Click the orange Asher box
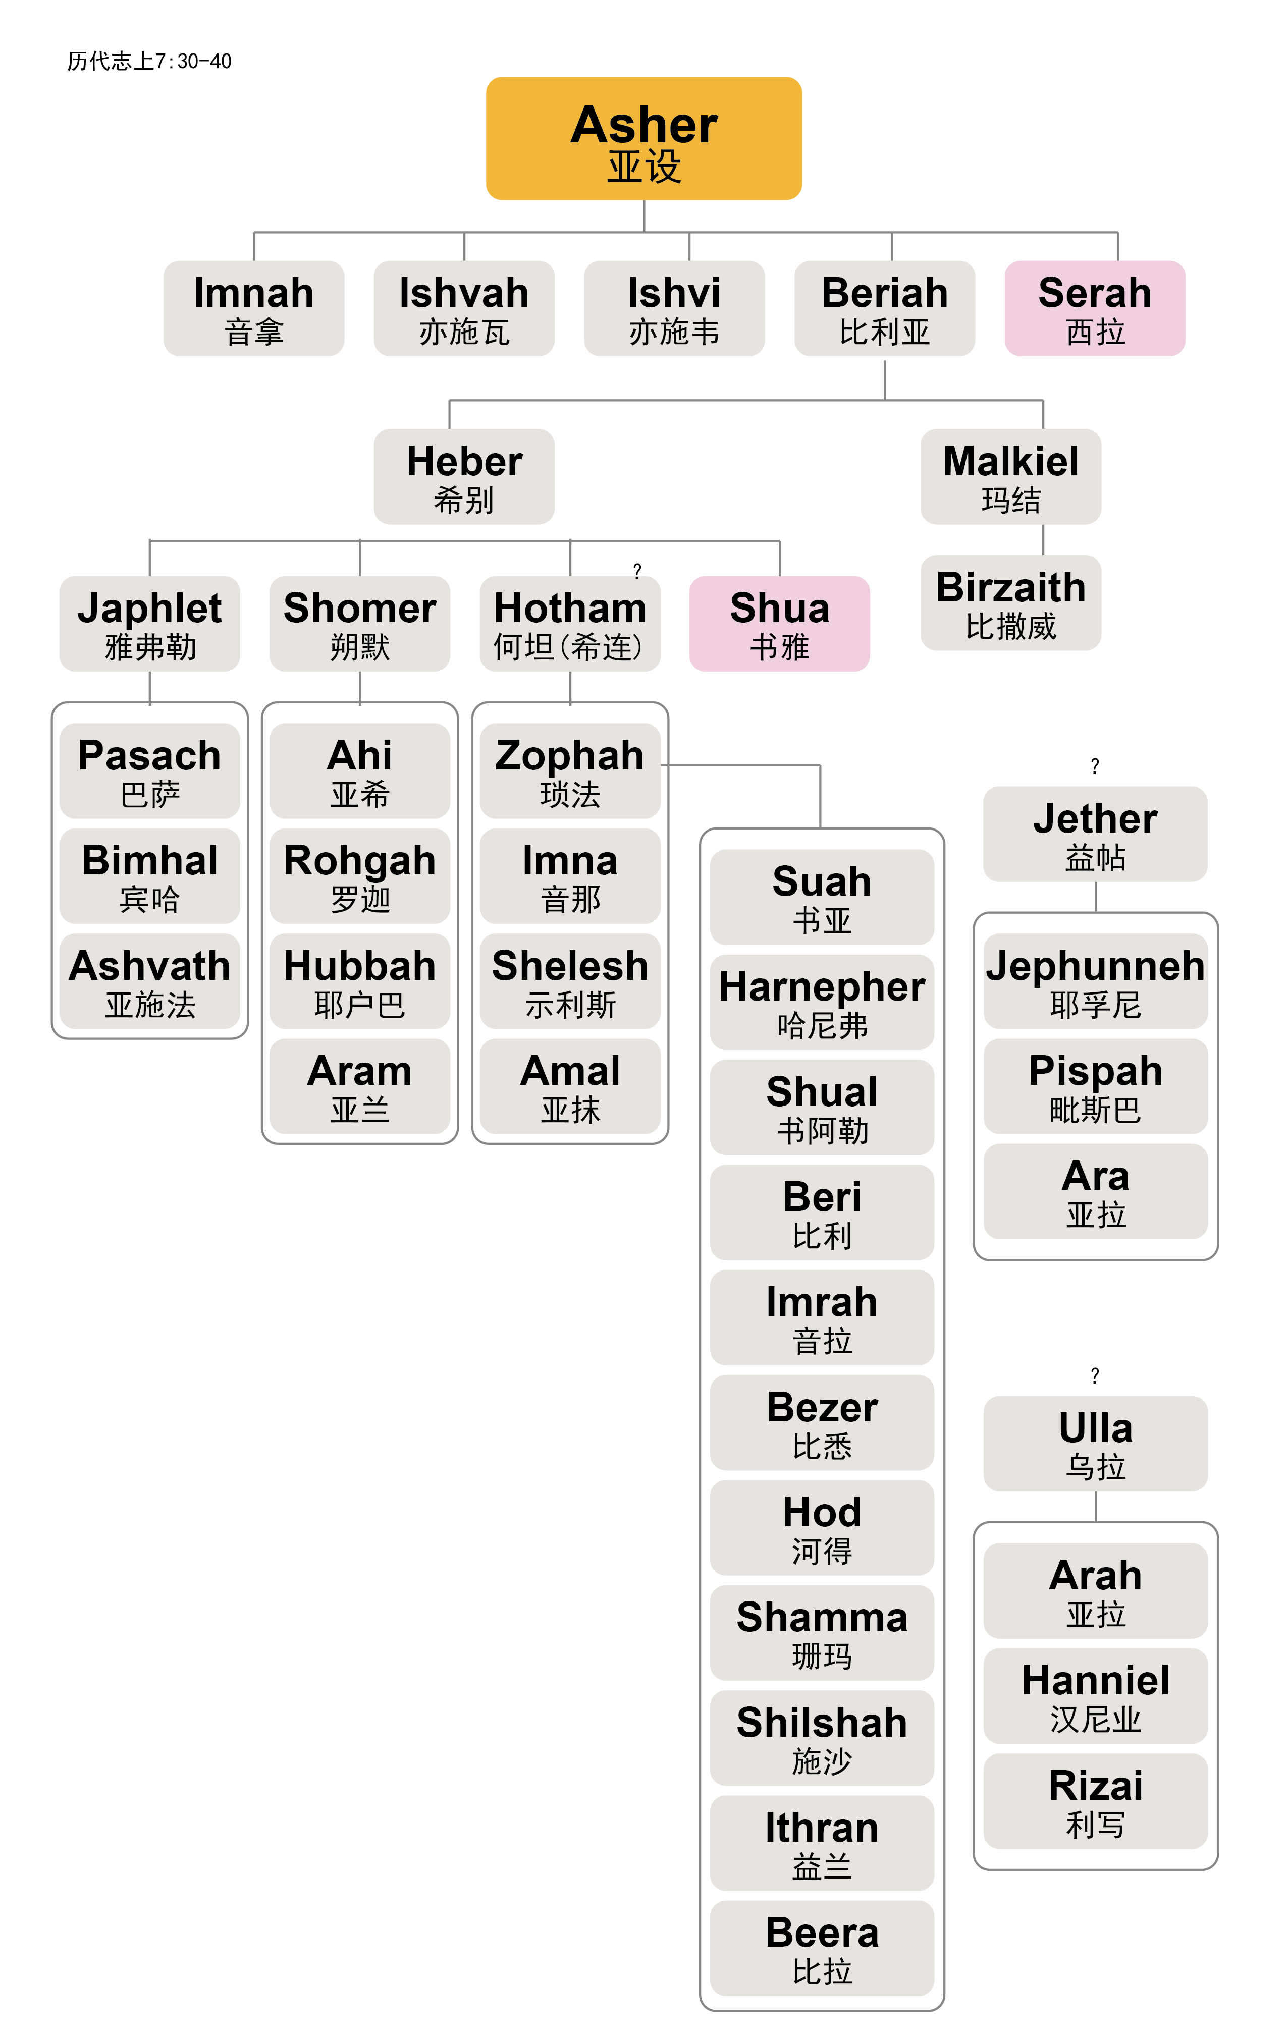(x=643, y=138)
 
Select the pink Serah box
(x=1094, y=308)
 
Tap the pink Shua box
(x=779, y=624)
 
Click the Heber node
(x=464, y=477)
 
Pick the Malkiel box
(x=1010, y=477)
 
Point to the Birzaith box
(x=1010, y=603)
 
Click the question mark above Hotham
(x=637, y=571)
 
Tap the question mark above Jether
(x=1094, y=765)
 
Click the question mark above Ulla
(x=1094, y=1375)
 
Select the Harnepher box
(x=821, y=1003)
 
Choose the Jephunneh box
(x=1094, y=981)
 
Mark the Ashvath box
(x=149, y=981)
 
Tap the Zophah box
(x=570, y=771)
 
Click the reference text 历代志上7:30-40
(x=149, y=61)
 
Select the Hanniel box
(x=1094, y=1696)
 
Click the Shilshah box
(x=821, y=1738)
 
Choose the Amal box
(x=570, y=1086)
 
